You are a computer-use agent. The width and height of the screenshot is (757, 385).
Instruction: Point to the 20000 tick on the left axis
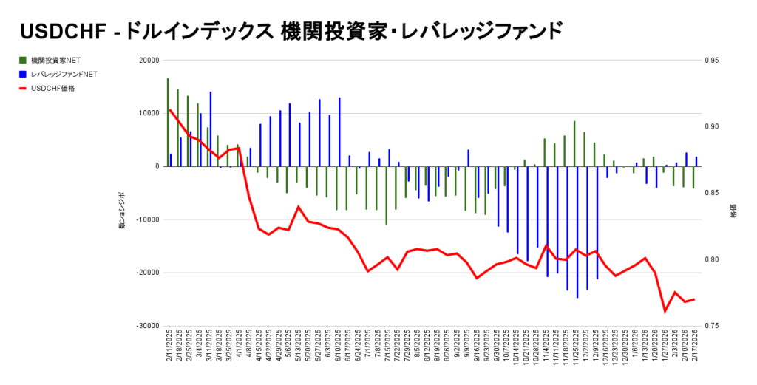click(x=149, y=60)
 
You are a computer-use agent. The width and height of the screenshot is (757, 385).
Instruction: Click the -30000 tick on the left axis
click(x=149, y=325)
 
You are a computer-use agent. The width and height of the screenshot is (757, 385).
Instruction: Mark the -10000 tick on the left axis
click(x=149, y=219)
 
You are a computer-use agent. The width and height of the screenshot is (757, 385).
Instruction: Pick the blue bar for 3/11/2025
click(x=211, y=129)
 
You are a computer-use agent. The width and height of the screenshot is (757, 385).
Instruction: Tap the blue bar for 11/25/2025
click(x=577, y=232)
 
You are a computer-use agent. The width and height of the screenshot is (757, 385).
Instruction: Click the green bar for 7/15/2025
click(x=387, y=195)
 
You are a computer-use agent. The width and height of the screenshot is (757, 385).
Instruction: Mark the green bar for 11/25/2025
click(x=574, y=143)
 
